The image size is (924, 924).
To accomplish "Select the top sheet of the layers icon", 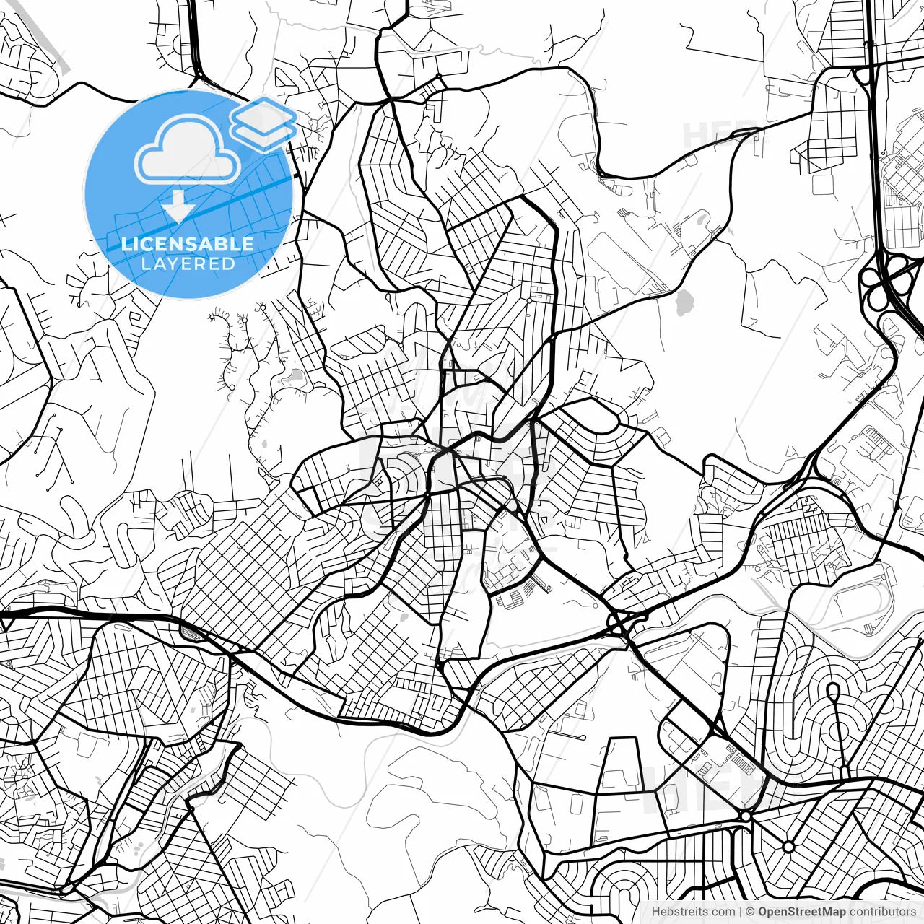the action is click(263, 114).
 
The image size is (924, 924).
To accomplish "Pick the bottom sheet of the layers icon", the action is click(263, 132).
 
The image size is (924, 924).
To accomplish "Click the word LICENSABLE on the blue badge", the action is click(188, 245).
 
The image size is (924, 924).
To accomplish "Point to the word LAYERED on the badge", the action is click(188, 263).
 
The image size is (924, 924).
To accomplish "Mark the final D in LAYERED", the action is click(229, 263).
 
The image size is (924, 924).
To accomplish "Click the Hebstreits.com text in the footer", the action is click(693, 912).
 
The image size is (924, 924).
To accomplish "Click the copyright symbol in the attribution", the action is click(750, 912).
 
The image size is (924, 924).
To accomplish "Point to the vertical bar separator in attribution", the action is click(741, 912).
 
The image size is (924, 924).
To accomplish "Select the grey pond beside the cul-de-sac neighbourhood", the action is click(296, 376).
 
